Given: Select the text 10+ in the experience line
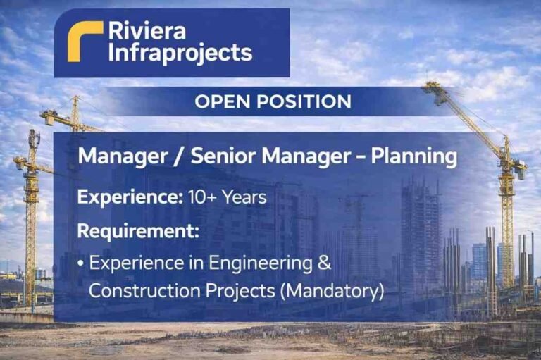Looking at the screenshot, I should click(204, 197).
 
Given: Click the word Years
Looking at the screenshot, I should click(244, 197).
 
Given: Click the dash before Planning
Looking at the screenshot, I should click(361, 156).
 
